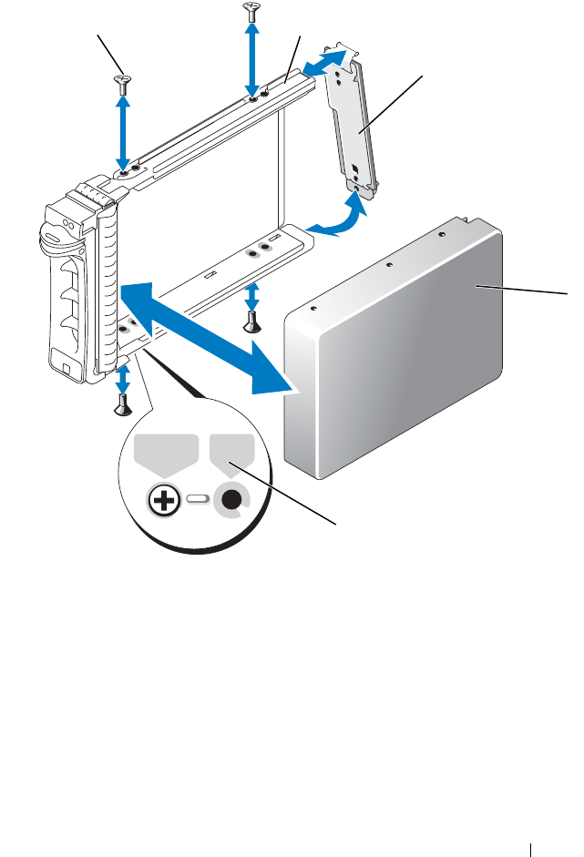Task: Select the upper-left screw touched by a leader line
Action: pyautogui.click(x=123, y=83)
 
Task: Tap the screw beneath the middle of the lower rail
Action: pyautogui.click(x=252, y=320)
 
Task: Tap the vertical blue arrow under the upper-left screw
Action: pyautogui.click(x=123, y=128)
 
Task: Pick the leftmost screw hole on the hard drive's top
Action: pyautogui.click(x=313, y=308)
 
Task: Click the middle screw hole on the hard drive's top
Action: pyautogui.click(x=389, y=267)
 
